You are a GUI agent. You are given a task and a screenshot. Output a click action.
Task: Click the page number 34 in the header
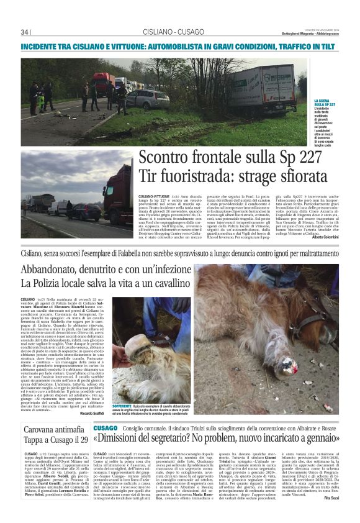point(25,32)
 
